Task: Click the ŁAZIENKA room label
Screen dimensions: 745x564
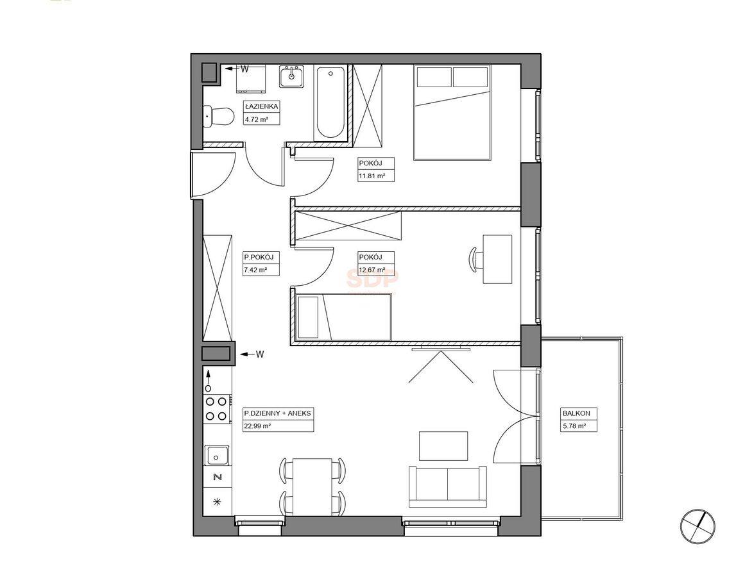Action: (261, 107)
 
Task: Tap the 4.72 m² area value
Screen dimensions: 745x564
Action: (256, 119)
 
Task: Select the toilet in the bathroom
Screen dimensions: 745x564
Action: (218, 116)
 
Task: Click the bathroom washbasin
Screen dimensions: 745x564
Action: (292, 76)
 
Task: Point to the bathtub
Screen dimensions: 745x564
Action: (330, 102)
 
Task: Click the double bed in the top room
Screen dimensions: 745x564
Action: (452, 113)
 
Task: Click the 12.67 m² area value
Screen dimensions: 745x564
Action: (372, 270)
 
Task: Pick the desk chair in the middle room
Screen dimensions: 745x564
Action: (475, 260)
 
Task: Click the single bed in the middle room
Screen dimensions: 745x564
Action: (343, 317)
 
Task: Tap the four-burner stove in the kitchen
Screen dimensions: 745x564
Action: (217, 409)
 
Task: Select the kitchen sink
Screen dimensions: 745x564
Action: (217, 456)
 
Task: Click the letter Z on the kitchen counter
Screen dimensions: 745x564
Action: (218, 477)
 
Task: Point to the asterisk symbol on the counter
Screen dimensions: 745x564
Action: (218, 501)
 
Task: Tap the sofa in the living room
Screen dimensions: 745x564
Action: (447, 486)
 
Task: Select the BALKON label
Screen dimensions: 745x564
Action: (573, 413)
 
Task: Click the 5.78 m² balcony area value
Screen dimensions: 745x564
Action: (574, 426)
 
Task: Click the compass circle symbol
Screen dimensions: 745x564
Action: (697, 526)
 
